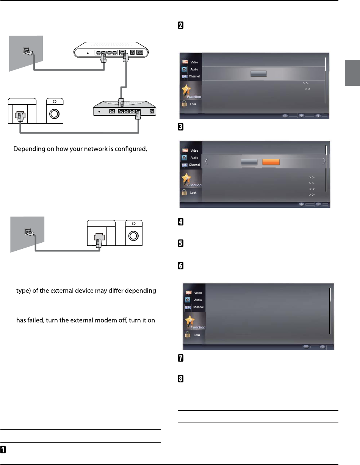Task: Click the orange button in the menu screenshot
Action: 271,162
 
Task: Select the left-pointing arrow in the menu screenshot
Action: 207,161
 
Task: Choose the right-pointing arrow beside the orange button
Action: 324,161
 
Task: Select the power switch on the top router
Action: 140,53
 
